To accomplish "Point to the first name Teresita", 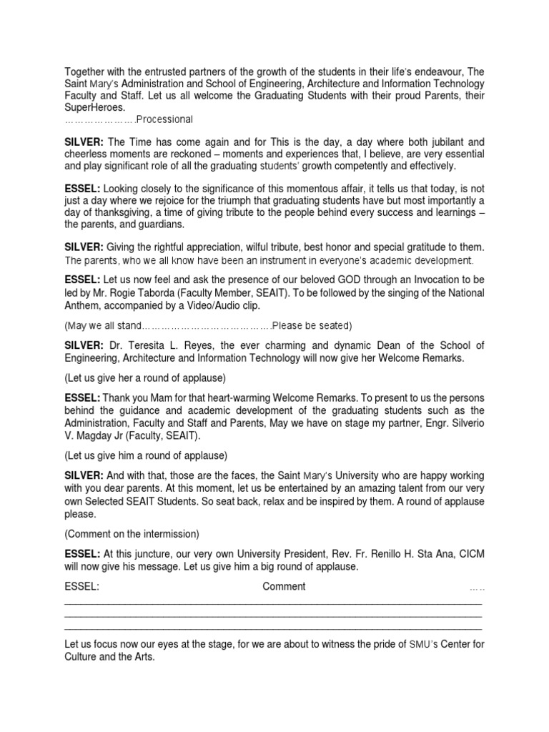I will [144, 346].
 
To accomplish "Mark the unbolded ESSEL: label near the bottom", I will [81, 587].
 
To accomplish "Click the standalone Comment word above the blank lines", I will [284, 587].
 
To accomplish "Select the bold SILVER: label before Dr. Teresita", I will [84, 346].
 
